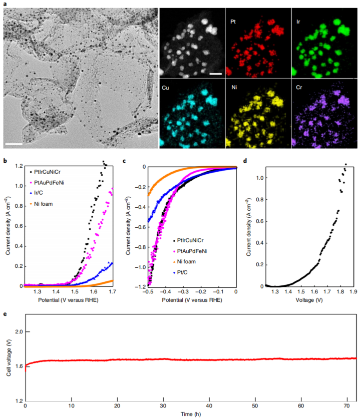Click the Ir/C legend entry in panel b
43,193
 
